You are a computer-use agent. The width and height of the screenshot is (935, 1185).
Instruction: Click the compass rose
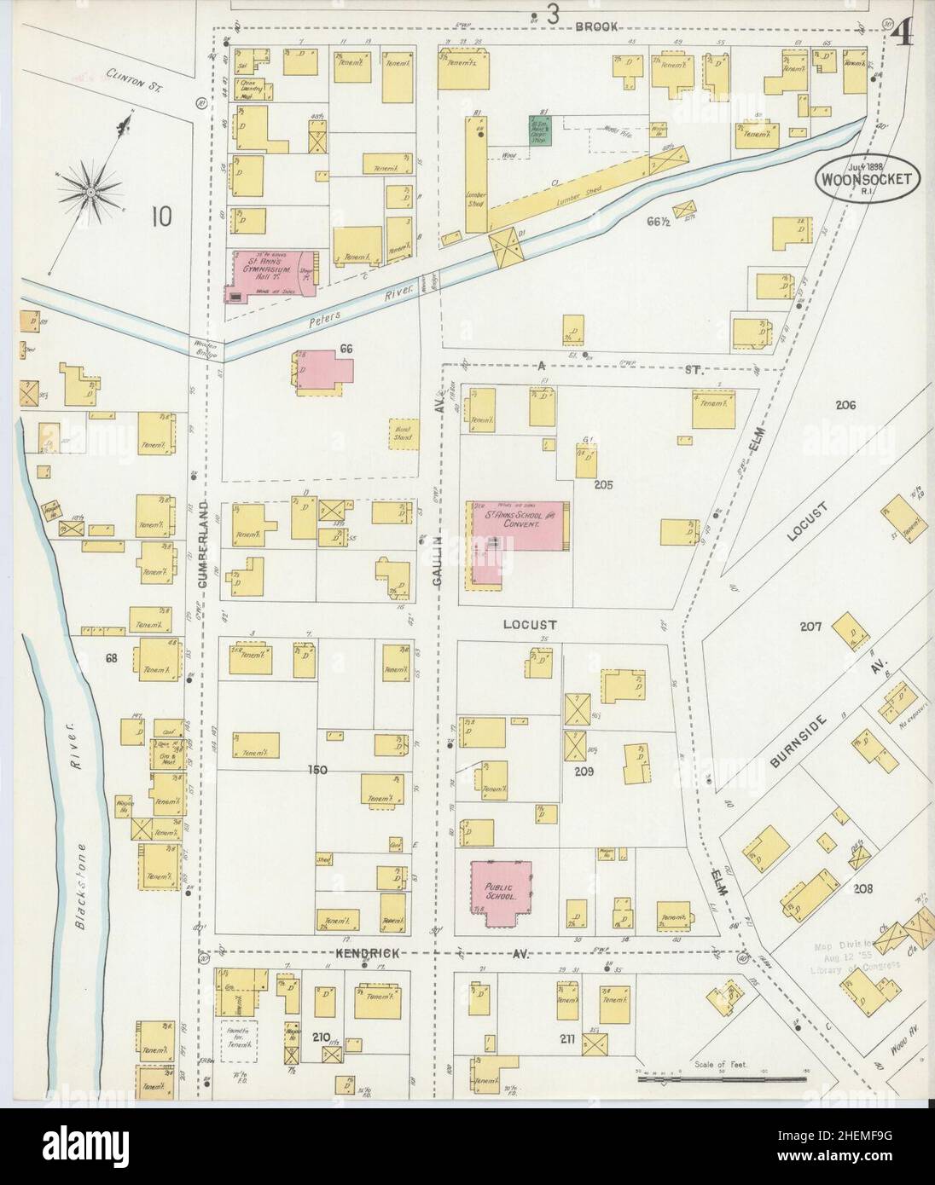[90, 194]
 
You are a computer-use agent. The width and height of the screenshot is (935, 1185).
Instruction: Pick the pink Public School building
[502, 892]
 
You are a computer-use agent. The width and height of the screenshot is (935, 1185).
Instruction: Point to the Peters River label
[342, 308]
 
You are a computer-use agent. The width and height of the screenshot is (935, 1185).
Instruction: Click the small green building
[539, 130]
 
